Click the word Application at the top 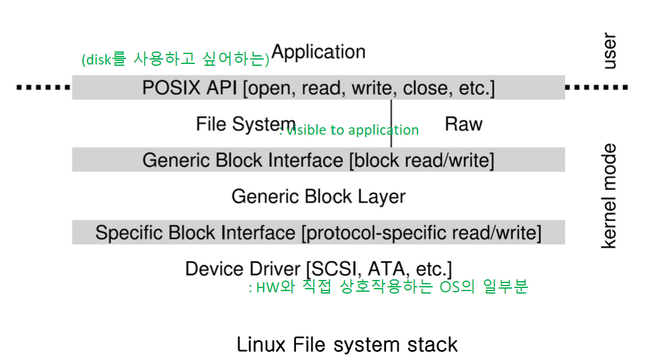tap(318, 52)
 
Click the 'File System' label tap(246, 124)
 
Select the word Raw tap(464, 124)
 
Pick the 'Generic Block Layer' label tap(318, 197)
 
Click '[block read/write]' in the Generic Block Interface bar tap(421, 161)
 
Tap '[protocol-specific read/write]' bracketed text tap(421, 233)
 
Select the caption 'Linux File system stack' tap(347, 344)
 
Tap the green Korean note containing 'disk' tap(175, 60)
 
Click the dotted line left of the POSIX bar tap(43, 88)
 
